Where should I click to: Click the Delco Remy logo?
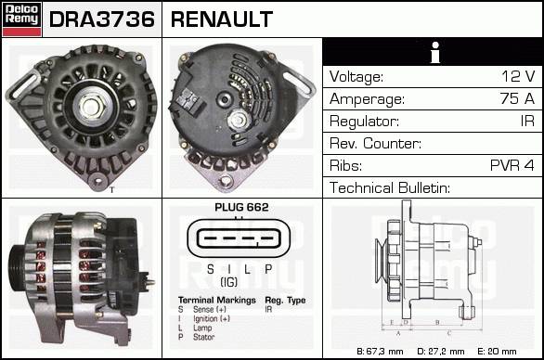click(x=21, y=19)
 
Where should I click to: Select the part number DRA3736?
click(x=102, y=19)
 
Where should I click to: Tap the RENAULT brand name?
click(x=222, y=19)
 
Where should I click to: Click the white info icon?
click(x=435, y=53)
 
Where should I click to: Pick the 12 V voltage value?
click(x=518, y=76)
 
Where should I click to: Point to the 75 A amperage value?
click(x=517, y=98)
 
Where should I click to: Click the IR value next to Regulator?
click(x=527, y=121)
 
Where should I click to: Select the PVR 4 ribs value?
click(x=512, y=165)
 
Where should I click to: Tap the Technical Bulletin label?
click(x=390, y=187)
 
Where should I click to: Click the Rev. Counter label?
click(x=375, y=143)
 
